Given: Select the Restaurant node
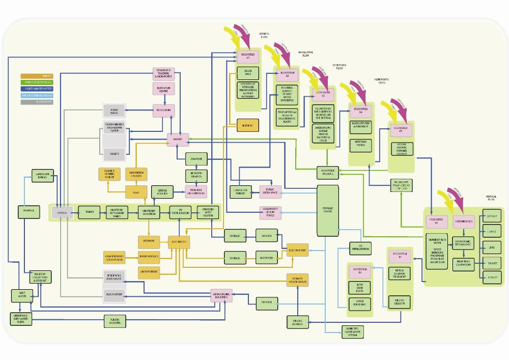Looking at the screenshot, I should (x=164, y=109).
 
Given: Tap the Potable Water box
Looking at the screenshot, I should (x=328, y=210).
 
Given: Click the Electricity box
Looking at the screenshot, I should (x=179, y=241).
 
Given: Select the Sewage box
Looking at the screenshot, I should (x=63, y=212).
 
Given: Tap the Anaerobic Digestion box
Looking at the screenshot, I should (x=149, y=212).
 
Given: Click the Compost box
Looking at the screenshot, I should (x=196, y=159).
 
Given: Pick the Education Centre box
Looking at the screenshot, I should (x=164, y=89).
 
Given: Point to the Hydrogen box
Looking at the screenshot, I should (x=267, y=258).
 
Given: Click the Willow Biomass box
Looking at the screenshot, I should (x=297, y=322).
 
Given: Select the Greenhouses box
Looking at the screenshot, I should (x=464, y=222).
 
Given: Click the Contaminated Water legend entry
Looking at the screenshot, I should (x=36, y=89).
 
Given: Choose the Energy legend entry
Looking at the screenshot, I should (x=36, y=75).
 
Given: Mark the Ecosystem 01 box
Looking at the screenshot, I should (x=248, y=56).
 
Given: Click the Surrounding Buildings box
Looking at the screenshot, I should (x=221, y=295).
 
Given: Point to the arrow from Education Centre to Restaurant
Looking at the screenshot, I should (x=164, y=100).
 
